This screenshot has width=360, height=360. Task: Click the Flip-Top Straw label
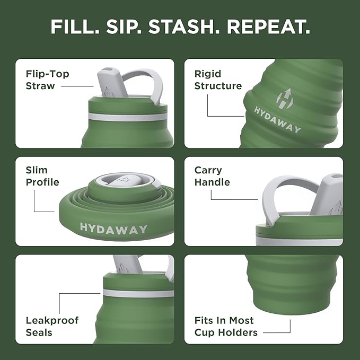47,80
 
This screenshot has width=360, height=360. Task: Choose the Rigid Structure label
218,80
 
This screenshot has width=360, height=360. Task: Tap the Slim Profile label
43,176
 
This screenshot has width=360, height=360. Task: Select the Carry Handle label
212,176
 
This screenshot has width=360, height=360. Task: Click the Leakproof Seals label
52,326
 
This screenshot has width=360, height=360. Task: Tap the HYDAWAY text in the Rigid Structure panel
277,120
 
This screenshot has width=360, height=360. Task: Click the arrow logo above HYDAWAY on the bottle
284,99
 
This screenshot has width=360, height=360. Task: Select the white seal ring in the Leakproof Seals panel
138,293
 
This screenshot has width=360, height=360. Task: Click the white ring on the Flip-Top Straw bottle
127,116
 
